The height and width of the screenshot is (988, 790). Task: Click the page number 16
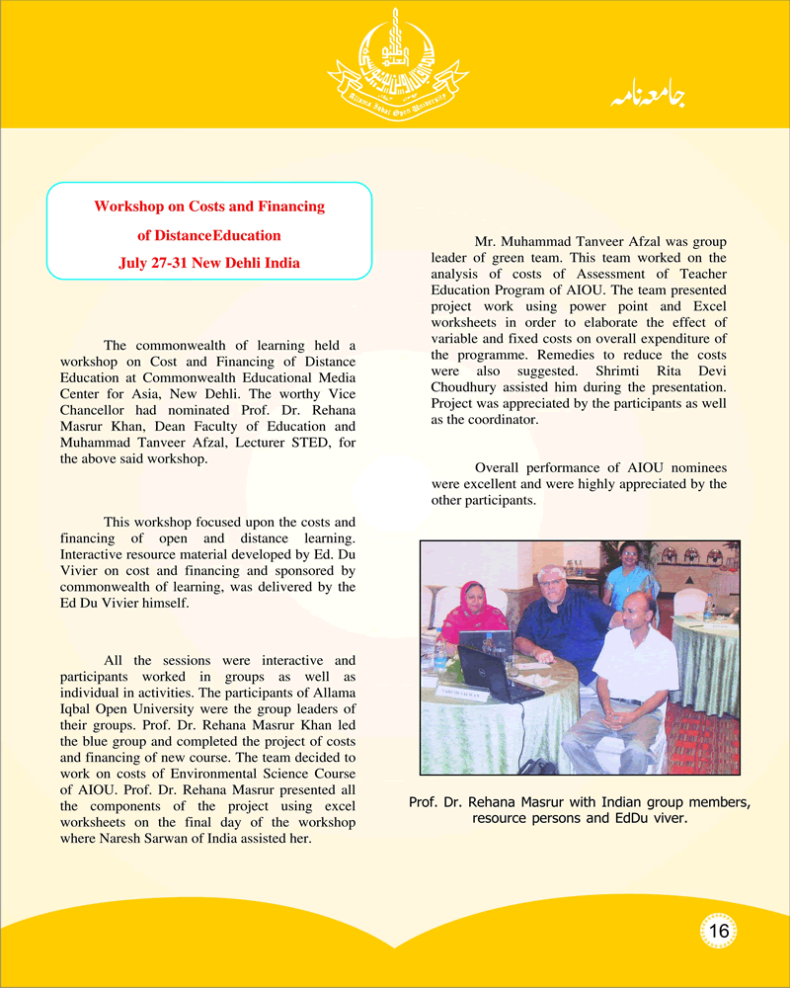tap(718, 931)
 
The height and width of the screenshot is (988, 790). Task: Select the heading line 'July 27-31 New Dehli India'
tap(209, 264)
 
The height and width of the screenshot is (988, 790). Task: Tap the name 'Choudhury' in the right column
tap(466, 386)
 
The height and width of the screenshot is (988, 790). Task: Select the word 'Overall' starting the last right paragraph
tap(499, 467)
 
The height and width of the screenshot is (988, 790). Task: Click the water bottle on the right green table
tap(708, 610)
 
